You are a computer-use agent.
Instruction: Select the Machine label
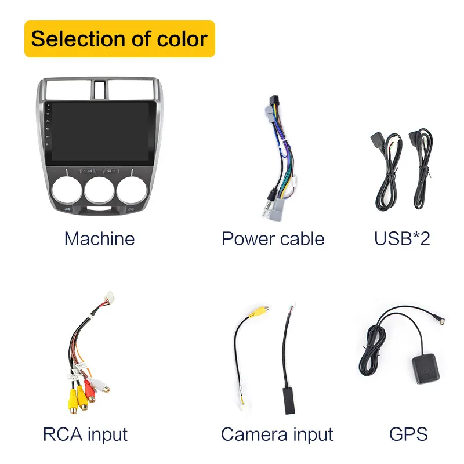point(99,238)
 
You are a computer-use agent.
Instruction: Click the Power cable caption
point(273,238)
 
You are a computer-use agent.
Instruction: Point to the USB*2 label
point(402,238)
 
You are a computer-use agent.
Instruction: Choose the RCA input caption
point(85,434)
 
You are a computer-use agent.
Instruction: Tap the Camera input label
point(277,434)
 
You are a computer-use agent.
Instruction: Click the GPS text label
point(408,434)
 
